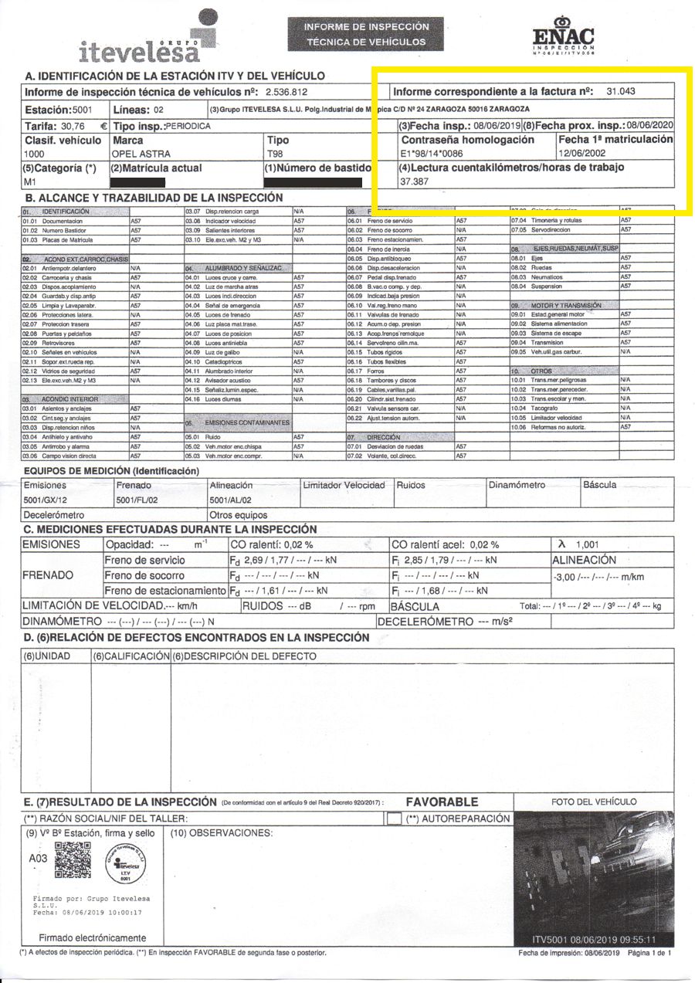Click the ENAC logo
[564, 39]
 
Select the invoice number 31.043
[621, 91]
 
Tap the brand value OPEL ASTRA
[142, 154]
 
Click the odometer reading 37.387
[414, 181]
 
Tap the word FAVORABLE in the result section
[442, 802]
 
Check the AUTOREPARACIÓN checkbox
[394, 819]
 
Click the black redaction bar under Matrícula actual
[137, 183]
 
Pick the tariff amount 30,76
[74, 125]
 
